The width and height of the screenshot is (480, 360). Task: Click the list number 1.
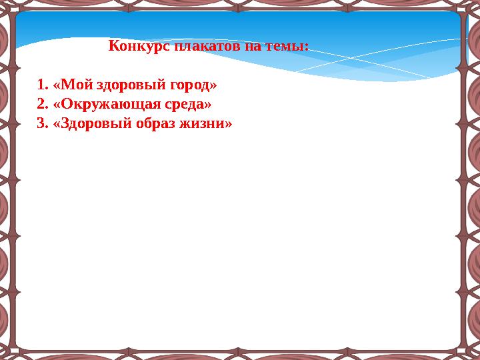(x=42, y=85)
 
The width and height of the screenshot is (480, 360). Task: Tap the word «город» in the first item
(x=189, y=85)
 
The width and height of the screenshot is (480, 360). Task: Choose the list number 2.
(x=42, y=105)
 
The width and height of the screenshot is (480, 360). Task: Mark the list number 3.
(x=42, y=124)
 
